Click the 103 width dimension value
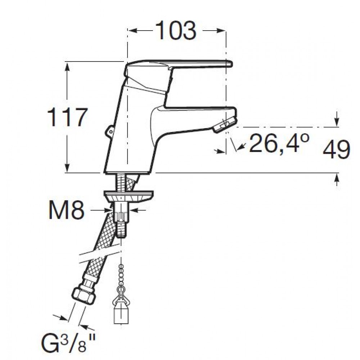(176, 31)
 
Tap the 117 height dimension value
(67, 118)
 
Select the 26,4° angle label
(279, 143)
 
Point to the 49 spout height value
(336, 149)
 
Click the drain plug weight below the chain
(121, 314)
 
